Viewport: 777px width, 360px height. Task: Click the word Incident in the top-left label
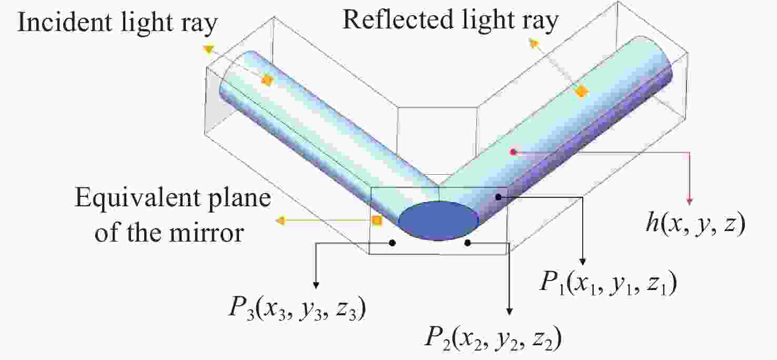pos(65,22)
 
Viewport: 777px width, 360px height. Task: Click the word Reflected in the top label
pos(397,19)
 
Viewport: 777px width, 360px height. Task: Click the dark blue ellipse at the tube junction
pos(439,221)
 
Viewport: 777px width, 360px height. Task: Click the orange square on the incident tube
pos(267,81)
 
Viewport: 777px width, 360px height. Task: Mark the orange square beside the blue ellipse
pos(377,221)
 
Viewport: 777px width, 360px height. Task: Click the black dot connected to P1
pos(499,197)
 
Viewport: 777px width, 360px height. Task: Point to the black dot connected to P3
pos(392,243)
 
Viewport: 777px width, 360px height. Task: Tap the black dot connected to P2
pos(467,243)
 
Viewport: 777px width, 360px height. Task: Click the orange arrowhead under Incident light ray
pos(208,49)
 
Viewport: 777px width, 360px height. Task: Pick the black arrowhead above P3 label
pos(316,285)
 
